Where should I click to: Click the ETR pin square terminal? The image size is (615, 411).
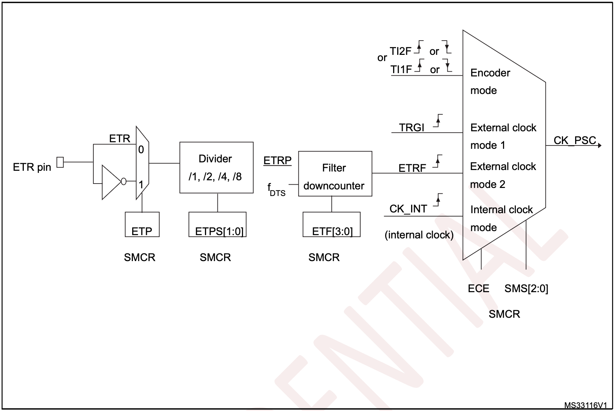60,162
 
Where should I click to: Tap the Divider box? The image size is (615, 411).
216,167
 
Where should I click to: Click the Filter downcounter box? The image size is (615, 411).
335,174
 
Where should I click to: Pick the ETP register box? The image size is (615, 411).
142,225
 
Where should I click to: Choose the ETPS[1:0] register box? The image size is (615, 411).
217,225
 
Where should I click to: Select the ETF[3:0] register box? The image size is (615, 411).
331,225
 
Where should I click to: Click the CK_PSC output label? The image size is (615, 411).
574,140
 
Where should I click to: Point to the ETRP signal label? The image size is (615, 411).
277,161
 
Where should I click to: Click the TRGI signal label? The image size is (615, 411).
411,128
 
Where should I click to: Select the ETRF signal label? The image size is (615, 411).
412,168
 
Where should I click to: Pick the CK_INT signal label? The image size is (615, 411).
408,209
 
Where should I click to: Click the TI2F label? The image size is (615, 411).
400,52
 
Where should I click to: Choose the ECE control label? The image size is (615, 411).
478,289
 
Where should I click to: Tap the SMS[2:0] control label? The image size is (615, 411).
526,289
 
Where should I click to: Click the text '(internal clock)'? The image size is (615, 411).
419,235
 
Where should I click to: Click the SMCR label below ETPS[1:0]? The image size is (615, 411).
215,257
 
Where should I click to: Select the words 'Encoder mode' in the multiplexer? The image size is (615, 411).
490,82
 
